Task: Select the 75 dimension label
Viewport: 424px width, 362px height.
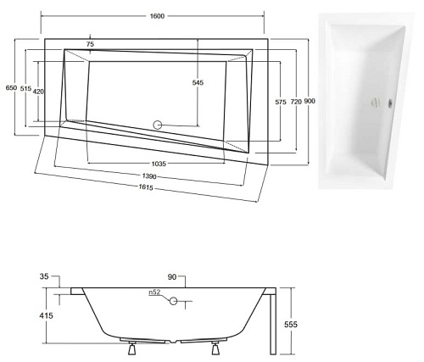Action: click(x=90, y=43)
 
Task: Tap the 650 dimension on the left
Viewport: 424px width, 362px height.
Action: click(x=11, y=87)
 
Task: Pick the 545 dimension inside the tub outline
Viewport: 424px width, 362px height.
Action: click(x=198, y=82)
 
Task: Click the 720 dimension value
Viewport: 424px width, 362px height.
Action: click(x=295, y=102)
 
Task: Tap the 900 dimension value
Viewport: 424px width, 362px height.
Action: click(x=310, y=102)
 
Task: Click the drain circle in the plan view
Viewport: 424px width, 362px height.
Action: click(x=156, y=125)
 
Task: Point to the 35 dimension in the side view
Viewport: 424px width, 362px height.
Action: click(x=44, y=277)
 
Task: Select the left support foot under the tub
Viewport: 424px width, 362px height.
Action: click(x=131, y=347)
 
